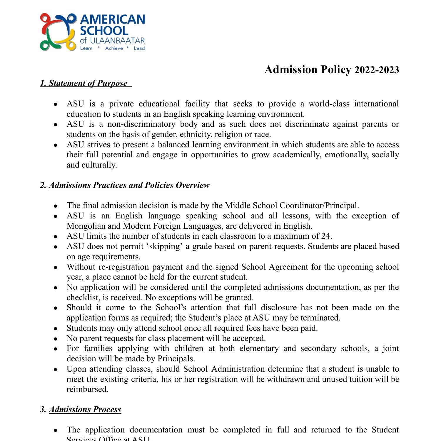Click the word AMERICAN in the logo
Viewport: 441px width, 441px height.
click(112, 20)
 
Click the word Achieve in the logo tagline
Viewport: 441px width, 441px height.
click(114, 48)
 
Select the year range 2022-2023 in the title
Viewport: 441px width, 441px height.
click(377, 70)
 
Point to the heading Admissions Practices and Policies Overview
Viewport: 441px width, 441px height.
click(129, 185)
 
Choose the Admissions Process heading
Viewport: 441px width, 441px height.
click(85, 410)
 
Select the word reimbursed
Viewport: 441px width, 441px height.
click(87, 389)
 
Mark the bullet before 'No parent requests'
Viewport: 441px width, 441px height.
click(56, 339)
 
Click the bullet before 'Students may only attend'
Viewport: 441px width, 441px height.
click(56, 328)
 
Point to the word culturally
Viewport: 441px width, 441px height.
click(99, 165)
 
